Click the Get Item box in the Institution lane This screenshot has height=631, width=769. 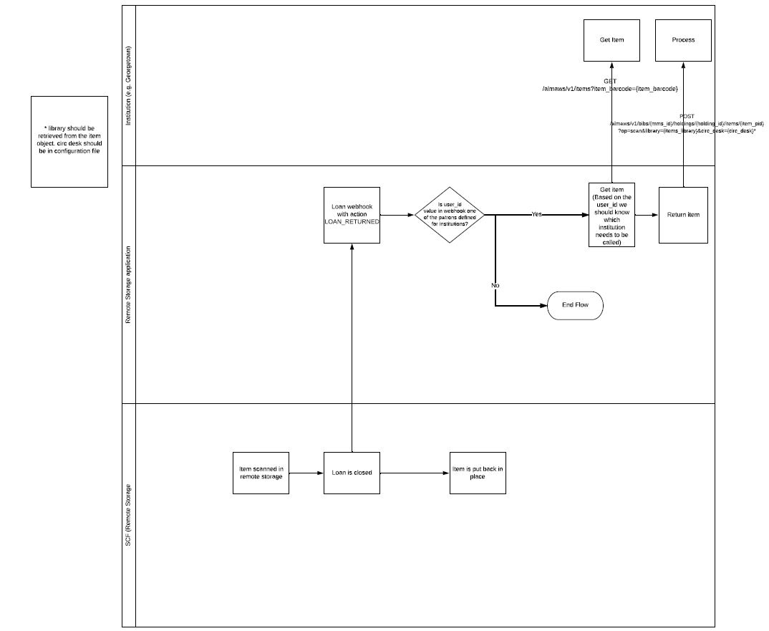[x=611, y=40]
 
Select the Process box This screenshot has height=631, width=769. [x=683, y=40]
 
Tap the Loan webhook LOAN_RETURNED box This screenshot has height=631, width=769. [x=352, y=215]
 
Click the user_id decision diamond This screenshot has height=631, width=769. [x=450, y=215]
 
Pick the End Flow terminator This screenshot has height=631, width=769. [x=575, y=305]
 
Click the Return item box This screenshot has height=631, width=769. [x=683, y=215]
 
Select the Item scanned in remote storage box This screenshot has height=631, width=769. [x=261, y=473]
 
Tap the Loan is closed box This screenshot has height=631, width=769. [x=352, y=473]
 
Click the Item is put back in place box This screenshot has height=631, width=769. [x=478, y=473]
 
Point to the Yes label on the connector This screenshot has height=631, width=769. [x=536, y=214]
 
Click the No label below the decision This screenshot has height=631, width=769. [x=495, y=285]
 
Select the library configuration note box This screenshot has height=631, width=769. [x=69, y=141]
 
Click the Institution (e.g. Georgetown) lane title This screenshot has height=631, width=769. [x=129, y=85]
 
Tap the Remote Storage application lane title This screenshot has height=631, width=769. [x=129, y=284]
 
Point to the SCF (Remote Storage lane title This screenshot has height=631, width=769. [x=129, y=515]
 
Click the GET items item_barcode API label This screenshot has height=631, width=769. [x=610, y=85]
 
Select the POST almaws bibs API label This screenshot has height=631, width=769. [x=686, y=123]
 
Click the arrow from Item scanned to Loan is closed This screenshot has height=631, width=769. [x=306, y=473]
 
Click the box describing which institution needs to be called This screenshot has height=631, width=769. [x=611, y=215]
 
